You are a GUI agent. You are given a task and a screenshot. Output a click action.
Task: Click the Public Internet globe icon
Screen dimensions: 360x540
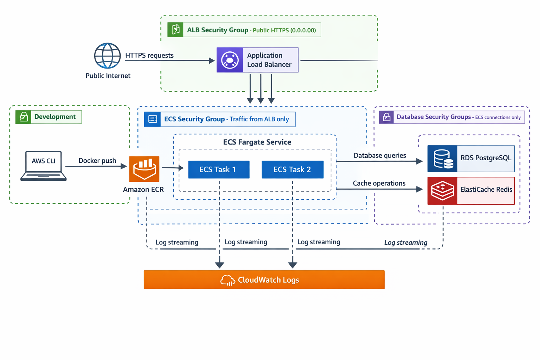coord(107,56)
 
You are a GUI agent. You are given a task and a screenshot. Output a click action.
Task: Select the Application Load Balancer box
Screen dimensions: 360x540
coord(257,60)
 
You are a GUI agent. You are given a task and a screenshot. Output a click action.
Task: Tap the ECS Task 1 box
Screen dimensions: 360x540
coord(219,169)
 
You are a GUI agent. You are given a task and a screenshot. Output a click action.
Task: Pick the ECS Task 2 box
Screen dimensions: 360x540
coord(292,169)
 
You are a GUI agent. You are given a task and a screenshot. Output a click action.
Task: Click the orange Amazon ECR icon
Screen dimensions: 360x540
coord(144,169)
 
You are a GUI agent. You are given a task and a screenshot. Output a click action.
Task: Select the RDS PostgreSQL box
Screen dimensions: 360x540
coord(471,159)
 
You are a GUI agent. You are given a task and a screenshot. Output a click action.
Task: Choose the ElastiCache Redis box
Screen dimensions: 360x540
coord(471,191)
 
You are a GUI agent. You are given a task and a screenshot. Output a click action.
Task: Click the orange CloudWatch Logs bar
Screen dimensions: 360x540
coord(264,280)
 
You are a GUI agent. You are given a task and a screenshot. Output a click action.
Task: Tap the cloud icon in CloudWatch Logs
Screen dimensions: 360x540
coord(227,281)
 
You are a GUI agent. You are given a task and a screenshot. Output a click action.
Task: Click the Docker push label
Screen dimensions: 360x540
coord(97,161)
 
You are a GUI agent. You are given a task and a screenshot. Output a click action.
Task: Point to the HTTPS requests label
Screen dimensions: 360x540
coord(149,56)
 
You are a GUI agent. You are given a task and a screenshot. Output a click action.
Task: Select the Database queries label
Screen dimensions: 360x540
coord(380,155)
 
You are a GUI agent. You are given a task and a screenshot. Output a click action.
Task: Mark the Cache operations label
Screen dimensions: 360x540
coord(379,183)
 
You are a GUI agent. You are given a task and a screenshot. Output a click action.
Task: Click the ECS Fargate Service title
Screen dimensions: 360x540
coord(257,142)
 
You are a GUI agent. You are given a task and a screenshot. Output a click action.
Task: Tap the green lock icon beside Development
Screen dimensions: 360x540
coord(24,117)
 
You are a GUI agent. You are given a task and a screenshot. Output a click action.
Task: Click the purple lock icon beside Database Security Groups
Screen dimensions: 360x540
coord(386,117)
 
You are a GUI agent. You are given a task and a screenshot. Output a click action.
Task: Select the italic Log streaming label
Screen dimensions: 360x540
coord(406,243)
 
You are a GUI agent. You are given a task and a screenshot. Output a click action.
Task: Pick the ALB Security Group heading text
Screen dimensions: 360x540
coord(217,30)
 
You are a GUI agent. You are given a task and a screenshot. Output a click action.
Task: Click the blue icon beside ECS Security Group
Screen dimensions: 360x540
coord(153,119)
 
